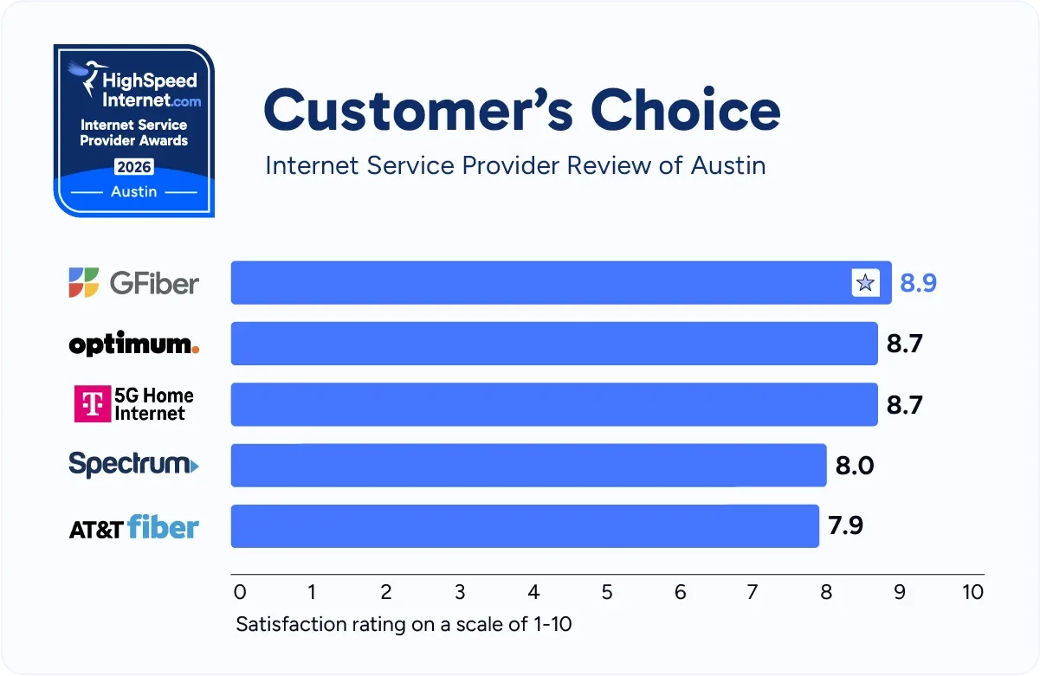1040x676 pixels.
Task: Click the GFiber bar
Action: (537, 283)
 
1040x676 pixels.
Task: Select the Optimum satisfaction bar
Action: (554, 344)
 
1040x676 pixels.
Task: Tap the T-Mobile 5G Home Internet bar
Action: (554, 404)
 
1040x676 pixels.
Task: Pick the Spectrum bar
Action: (528, 465)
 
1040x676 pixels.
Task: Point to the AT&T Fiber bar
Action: (525, 525)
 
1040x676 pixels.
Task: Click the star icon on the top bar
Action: (865, 283)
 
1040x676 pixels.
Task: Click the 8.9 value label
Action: (918, 283)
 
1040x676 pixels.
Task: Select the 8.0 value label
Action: (854, 466)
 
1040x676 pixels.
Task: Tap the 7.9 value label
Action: (846, 525)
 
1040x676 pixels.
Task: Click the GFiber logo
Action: (134, 283)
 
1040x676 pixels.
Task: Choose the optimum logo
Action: (134, 344)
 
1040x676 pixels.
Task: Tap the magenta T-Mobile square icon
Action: (93, 404)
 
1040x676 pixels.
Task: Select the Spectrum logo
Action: (134, 465)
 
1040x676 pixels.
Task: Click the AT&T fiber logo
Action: (134, 527)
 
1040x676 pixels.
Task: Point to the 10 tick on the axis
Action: (972, 593)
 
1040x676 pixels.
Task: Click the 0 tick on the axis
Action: (240, 593)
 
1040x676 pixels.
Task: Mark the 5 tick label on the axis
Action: (607, 593)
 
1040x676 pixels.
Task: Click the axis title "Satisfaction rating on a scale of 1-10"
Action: (404, 624)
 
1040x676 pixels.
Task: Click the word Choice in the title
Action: (686, 110)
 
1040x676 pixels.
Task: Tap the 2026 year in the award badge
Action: (134, 165)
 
